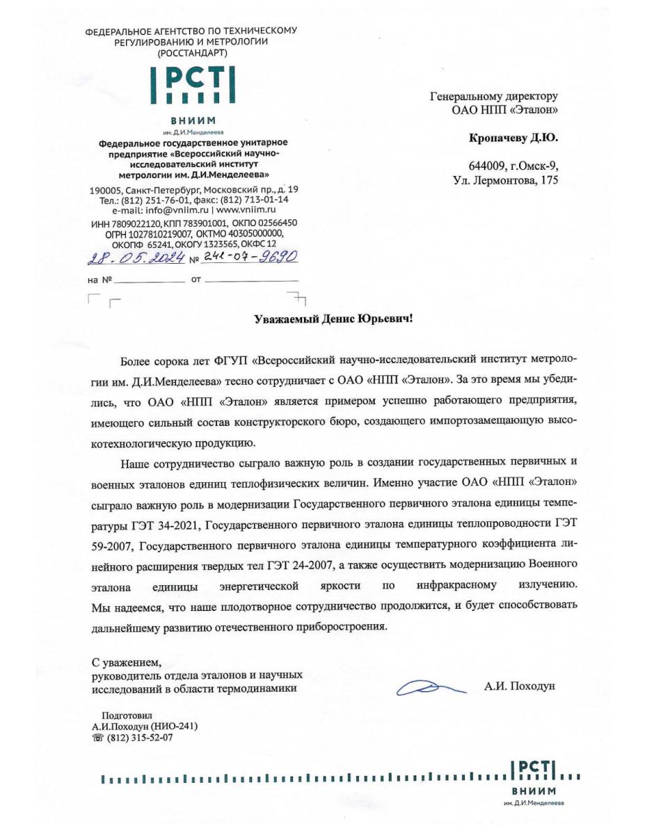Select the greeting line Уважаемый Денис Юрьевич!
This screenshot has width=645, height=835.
tap(332, 319)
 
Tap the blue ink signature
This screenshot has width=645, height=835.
tap(426, 687)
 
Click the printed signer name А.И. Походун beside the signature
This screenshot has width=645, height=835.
tap(520, 687)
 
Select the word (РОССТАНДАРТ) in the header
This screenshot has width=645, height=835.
tap(191, 53)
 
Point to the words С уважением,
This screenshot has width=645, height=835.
tap(127, 661)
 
